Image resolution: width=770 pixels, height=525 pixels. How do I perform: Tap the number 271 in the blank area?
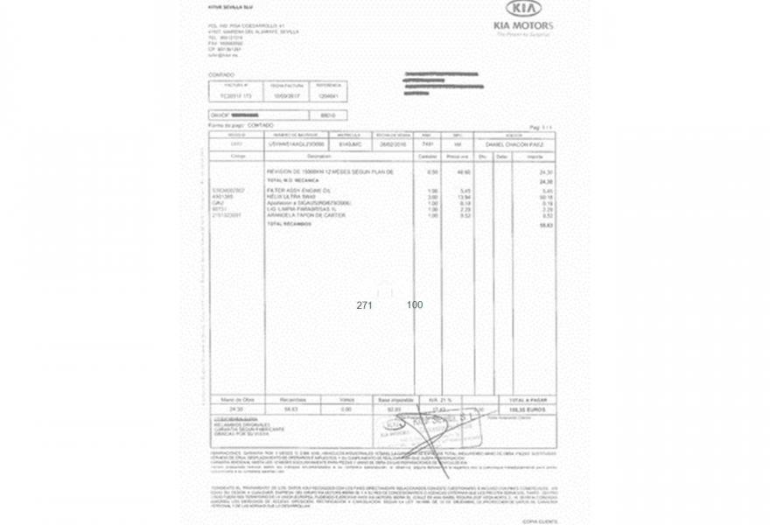365,305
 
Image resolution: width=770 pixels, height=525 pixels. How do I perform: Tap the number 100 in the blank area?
415,304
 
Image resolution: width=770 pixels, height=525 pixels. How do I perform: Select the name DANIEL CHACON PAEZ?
514,144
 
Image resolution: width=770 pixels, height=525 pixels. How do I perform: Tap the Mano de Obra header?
234,399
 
